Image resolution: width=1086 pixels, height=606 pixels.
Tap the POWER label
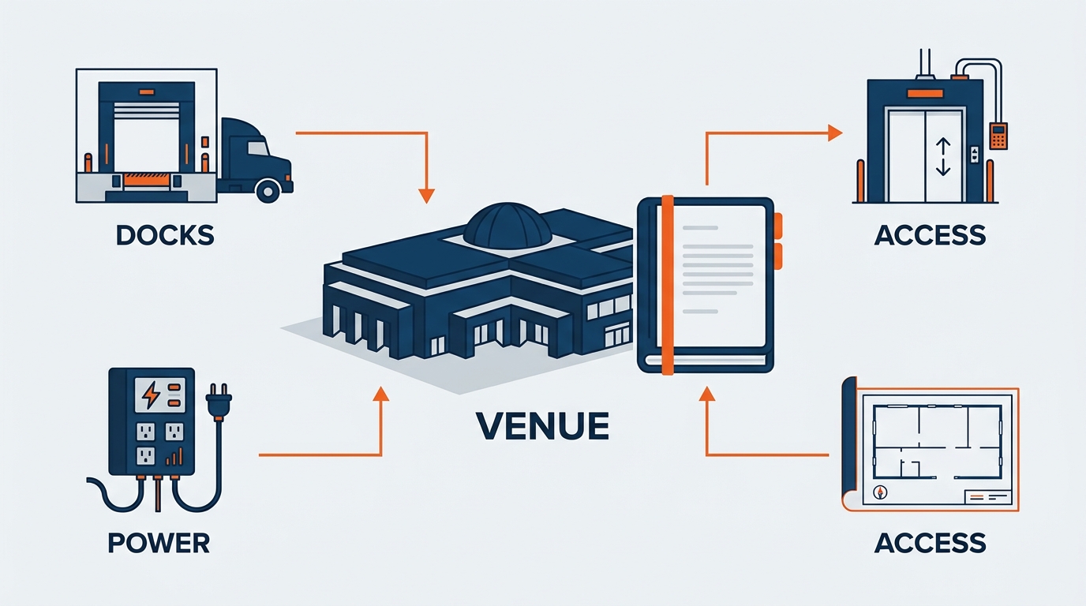click(159, 543)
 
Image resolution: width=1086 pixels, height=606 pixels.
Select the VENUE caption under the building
click(542, 425)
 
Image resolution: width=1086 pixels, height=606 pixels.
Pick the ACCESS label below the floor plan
click(930, 543)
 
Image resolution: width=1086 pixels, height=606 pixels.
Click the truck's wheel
click(268, 190)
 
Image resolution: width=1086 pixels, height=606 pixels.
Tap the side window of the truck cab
click(257, 148)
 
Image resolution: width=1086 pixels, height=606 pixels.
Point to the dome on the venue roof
click(507, 226)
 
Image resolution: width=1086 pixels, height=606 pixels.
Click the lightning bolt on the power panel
click(151, 395)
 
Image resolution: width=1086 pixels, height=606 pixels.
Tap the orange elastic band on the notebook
click(668, 285)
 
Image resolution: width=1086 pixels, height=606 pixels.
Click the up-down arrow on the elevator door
click(942, 156)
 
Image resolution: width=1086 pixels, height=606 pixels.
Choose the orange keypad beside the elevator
click(998, 137)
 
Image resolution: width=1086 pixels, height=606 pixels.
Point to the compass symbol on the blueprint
click(880, 492)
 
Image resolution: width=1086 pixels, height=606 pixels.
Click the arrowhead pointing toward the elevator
click(835, 133)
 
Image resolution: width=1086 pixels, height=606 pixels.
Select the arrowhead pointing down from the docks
click(426, 196)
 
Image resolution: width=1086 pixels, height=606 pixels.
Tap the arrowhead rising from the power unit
click(380, 394)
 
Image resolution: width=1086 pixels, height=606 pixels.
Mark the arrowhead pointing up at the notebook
click(707, 394)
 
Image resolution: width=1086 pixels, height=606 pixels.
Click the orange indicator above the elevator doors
click(925, 94)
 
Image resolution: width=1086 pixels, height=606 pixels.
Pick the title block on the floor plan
click(988, 497)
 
